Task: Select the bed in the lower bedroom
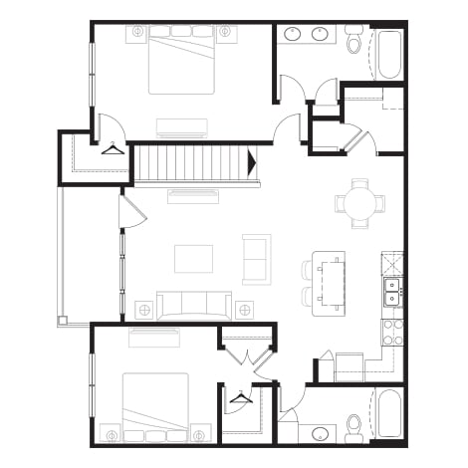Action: click(155, 403)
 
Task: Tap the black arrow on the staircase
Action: click(252, 162)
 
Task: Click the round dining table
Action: click(359, 203)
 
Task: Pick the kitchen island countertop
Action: click(329, 281)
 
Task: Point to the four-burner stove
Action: click(392, 332)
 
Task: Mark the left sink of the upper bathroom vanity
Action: click(293, 35)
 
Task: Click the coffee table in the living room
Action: click(193, 258)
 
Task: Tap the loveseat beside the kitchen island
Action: click(256, 259)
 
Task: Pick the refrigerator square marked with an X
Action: click(392, 263)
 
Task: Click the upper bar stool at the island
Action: click(308, 269)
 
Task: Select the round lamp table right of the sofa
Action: click(243, 311)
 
